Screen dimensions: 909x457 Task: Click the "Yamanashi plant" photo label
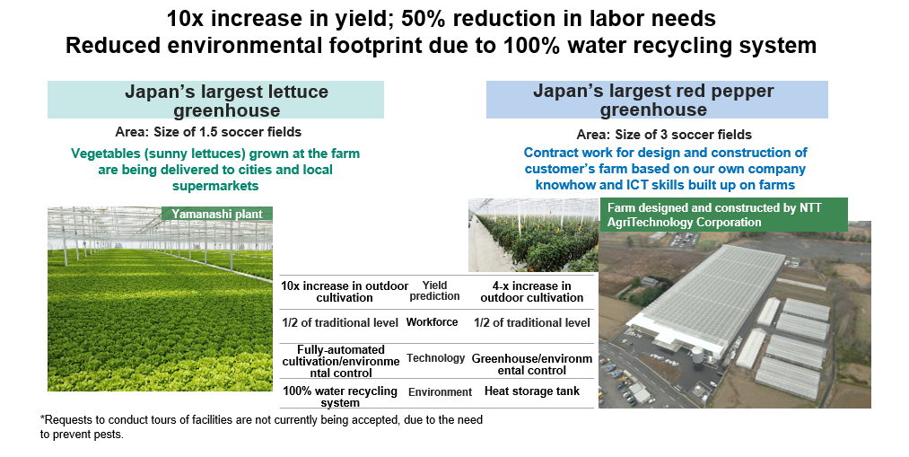pos(217,214)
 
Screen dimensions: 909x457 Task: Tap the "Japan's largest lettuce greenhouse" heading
pos(227,101)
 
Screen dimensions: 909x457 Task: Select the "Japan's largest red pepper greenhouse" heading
pos(653,100)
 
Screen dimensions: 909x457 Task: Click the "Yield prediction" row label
pos(434,291)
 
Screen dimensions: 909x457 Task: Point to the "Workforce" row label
pos(432,321)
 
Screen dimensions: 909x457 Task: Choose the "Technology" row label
pos(435,358)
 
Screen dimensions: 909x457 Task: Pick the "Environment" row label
pos(440,392)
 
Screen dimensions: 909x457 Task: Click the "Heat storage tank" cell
pos(531,391)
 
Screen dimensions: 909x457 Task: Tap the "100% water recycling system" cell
pos(340,397)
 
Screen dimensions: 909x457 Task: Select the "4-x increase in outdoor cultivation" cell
pos(531,292)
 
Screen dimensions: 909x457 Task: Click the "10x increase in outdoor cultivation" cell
pos(345,292)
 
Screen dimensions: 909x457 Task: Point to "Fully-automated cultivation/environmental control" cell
pos(341,361)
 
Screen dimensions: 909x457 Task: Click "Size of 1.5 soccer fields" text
pos(227,132)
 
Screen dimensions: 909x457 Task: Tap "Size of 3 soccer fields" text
pos(683,135)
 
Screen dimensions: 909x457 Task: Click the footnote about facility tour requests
pos(261,426)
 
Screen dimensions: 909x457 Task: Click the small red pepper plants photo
pos(533,235)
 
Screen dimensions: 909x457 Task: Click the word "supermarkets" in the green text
pos(215,186)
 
